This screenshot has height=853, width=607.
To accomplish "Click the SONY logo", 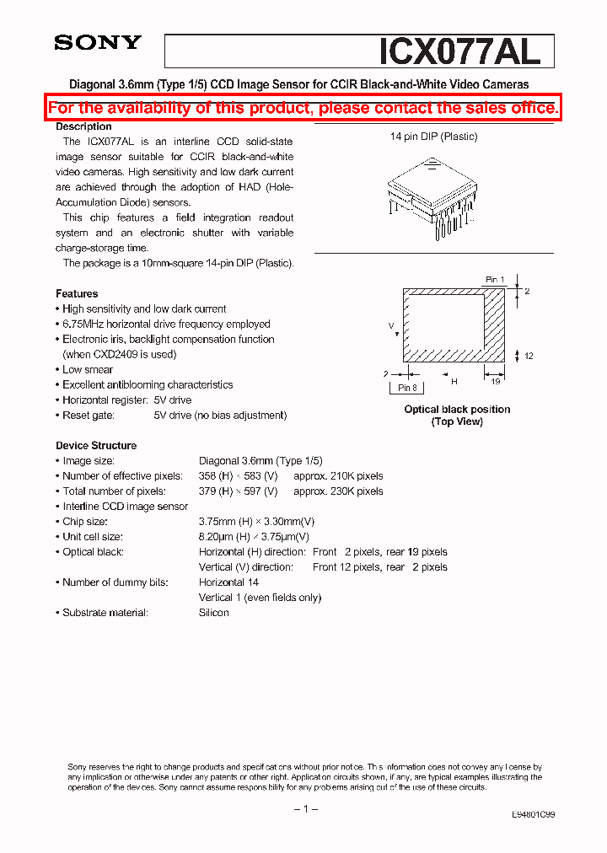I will (98, 43).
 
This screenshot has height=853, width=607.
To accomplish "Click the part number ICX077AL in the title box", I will (459, 51).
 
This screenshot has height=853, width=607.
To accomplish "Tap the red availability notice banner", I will (303, 108).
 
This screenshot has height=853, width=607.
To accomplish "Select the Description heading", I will (83, 126).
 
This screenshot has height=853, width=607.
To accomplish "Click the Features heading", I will (77, 293).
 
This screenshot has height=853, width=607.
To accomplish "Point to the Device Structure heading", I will (96, 445).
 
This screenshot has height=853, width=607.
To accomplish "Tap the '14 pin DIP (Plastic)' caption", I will (433, 137).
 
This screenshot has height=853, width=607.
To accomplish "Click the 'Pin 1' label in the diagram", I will (495, 279).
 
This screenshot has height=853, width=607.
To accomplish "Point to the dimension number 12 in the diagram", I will (529, 357).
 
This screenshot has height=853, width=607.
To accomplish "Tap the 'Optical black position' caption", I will (457, 410).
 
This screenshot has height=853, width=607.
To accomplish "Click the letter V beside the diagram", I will (391, 324).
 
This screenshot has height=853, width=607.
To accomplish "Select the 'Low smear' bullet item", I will (88, 369).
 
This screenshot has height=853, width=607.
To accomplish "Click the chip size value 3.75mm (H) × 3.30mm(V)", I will (256, 522).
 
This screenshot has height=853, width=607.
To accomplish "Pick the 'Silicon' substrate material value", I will (213, 613).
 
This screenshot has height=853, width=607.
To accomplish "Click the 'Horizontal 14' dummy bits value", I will (228, 582).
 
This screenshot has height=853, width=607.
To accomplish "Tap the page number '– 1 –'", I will (304, 809).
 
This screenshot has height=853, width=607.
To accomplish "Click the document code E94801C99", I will (533, 815).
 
